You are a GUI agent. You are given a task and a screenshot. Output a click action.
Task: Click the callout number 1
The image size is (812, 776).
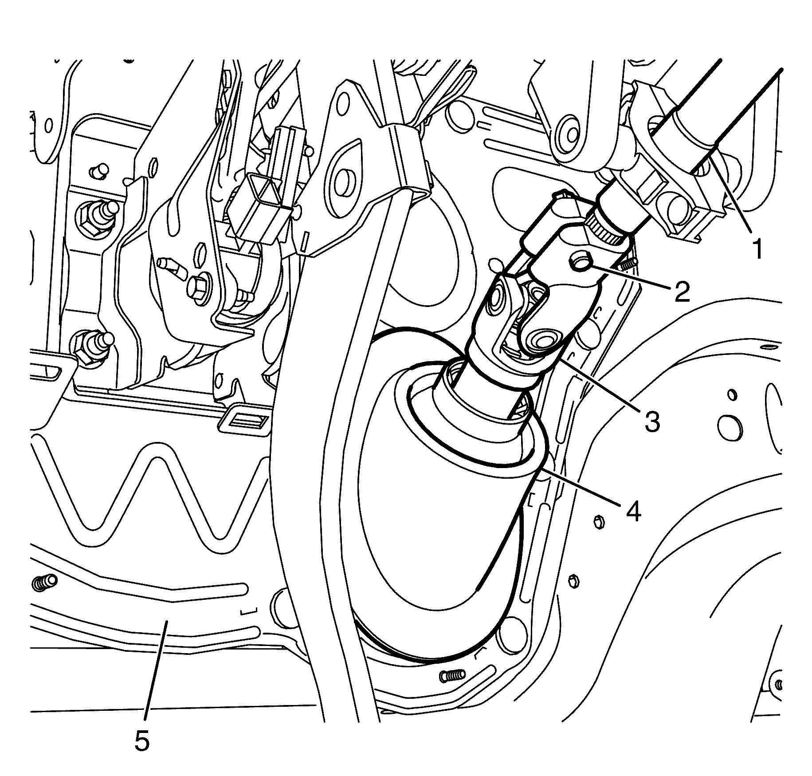(x=757, y=248)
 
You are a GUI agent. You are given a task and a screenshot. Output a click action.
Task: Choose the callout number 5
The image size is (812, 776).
(x=142, y=740)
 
